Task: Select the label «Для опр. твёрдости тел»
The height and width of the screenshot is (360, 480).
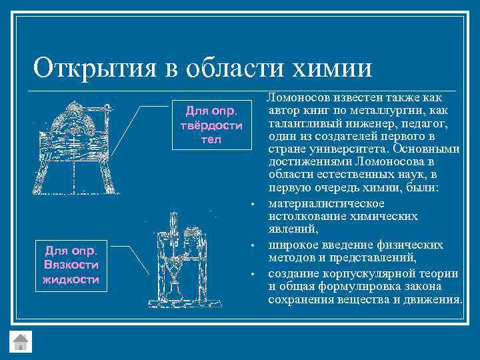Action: [x=208, y=125]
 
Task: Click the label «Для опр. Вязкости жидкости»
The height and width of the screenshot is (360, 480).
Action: [x=71, y=264]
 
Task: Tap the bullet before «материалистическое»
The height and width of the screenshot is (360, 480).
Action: [x=253, y=204]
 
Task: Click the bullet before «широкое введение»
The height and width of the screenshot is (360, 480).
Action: [x=253, y=246]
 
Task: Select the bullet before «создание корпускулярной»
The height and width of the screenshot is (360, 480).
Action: [x=253, y=274]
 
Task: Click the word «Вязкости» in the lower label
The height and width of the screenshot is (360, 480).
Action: [x=71, y=265]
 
